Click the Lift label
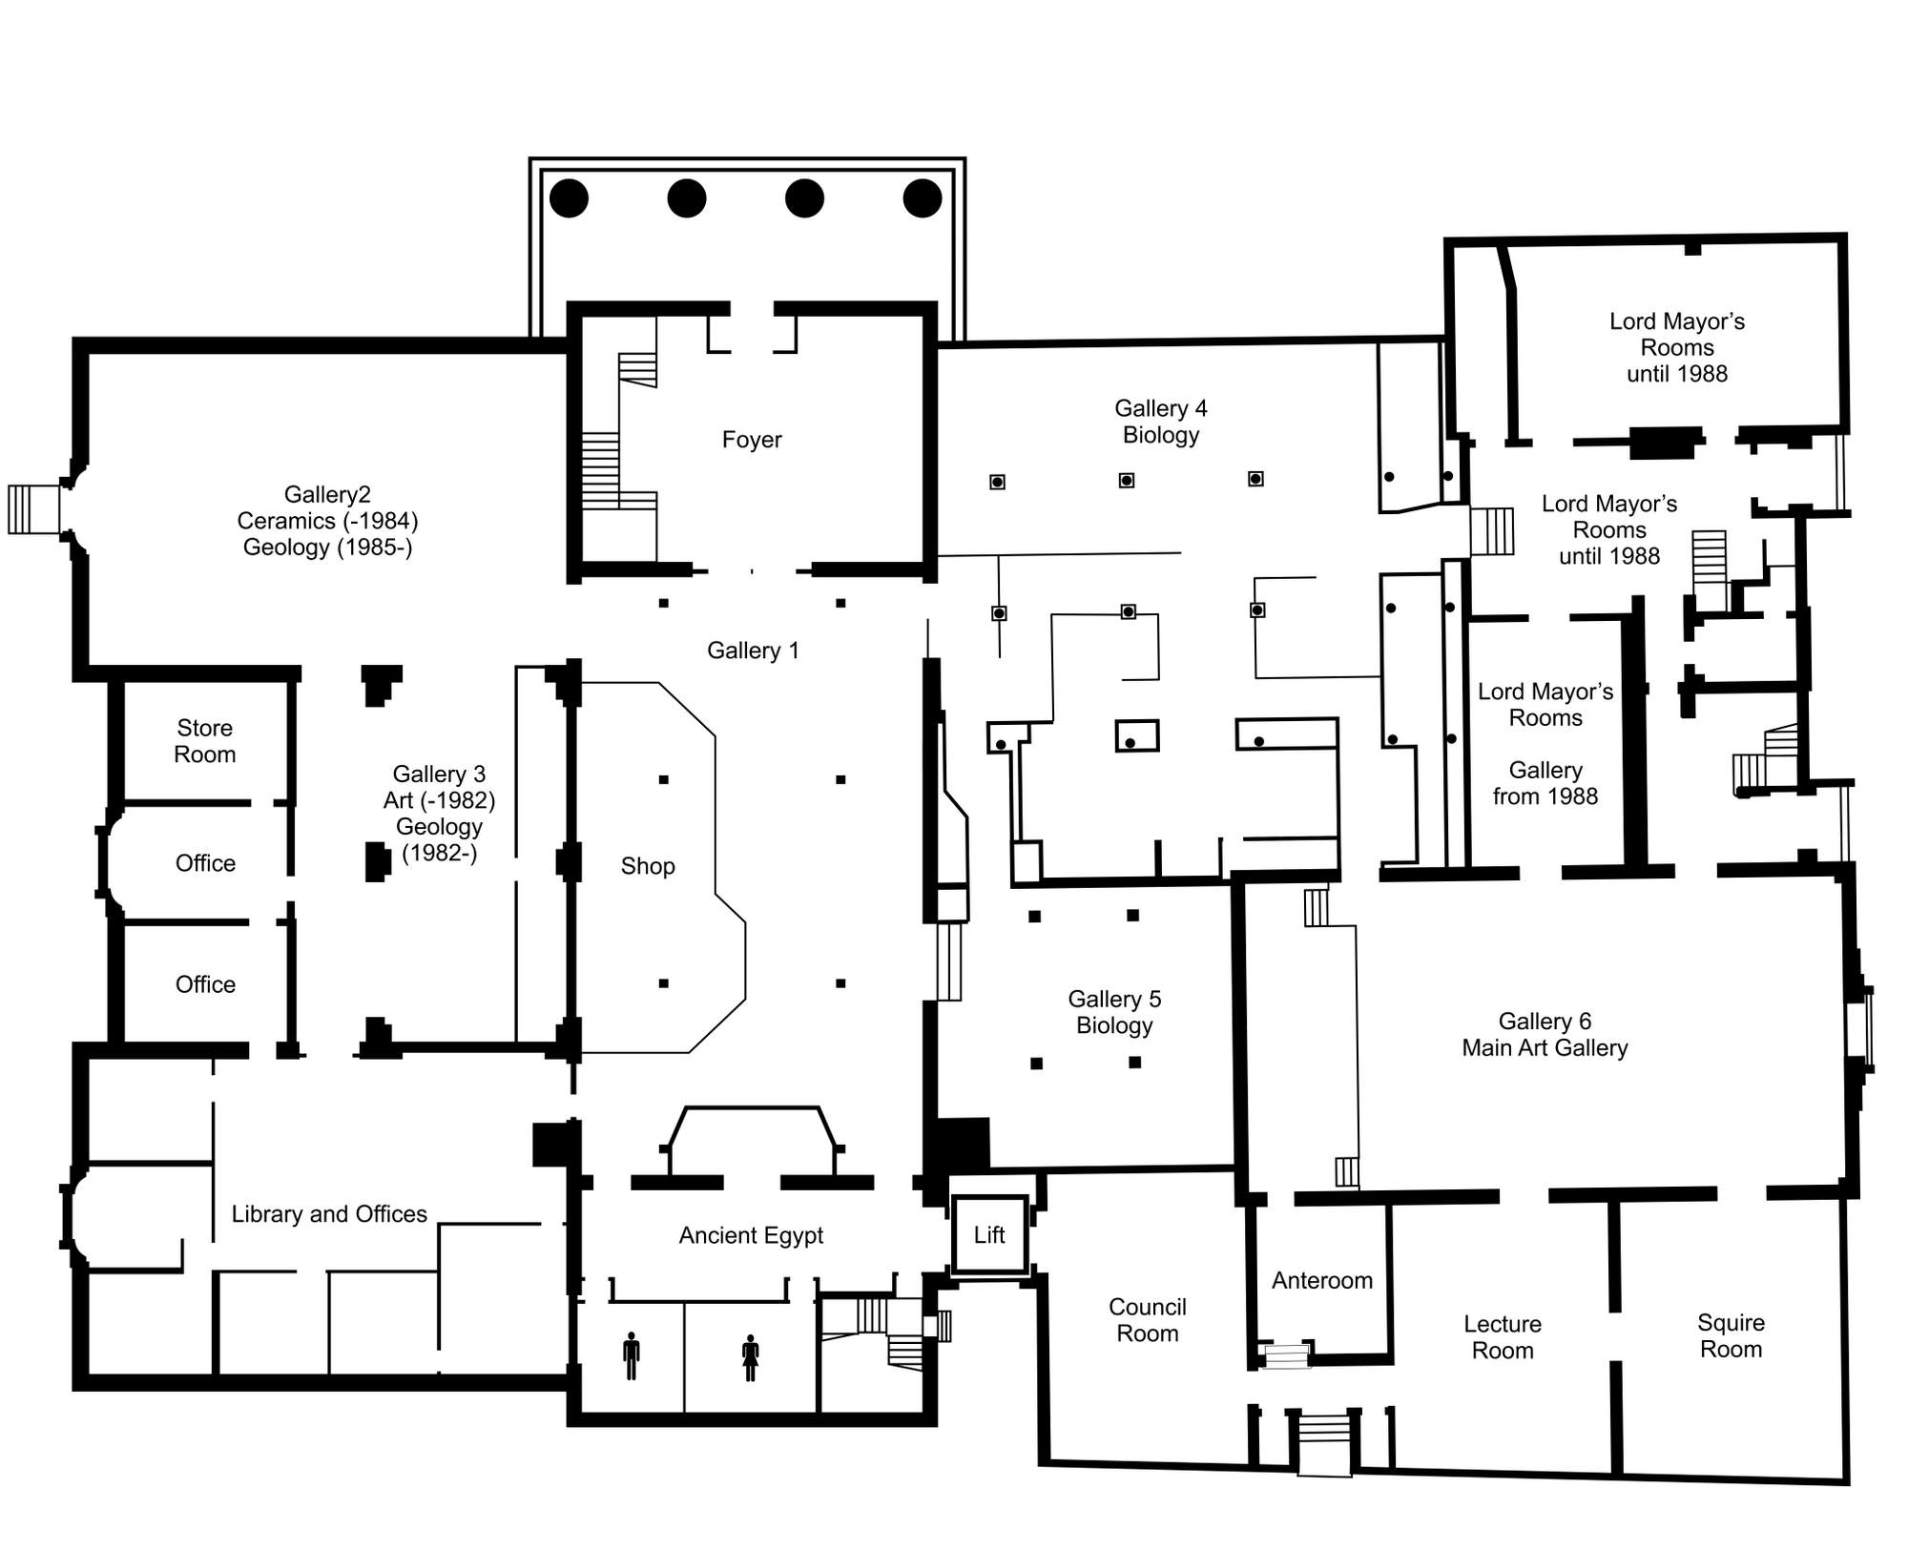point(989,1234)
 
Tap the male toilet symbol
point(631,1356)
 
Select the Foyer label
point(752,440)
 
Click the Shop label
point(648,866)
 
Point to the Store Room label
point(205,741)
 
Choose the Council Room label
point(1148,1320)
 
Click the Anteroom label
point(1322,1280)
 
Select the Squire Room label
point(1731,1335)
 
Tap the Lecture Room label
point(1503,1337)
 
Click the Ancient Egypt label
point(751,1235)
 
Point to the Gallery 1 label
point(753,651)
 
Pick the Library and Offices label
point(329,1213)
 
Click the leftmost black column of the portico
point(569,198)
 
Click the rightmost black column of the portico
point(923,198)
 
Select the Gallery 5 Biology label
point(1114,1012)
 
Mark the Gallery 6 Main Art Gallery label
point(1545,1035)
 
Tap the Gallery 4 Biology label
point(1161,422)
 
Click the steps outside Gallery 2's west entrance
point(33,509)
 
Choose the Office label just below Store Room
point(205,863)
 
